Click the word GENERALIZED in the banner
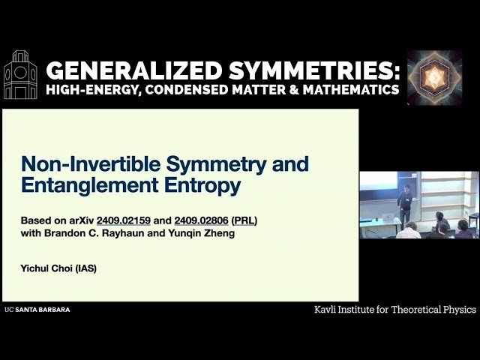point(134,70)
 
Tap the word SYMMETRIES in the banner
point(314,70)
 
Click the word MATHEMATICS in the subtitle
point(351,89)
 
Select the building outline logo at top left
point(20,75)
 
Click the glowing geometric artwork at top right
point(435,78)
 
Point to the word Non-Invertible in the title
point(91,163)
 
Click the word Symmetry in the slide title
point(217,165)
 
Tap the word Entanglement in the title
point(90,185)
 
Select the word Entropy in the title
point(202,186)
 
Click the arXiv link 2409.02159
point(124,220)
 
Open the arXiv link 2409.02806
point(202,220)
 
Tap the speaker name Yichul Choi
point(46,268)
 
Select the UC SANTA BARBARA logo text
point(37,310)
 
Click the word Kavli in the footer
point(325,310)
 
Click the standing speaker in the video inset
point(405,204)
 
